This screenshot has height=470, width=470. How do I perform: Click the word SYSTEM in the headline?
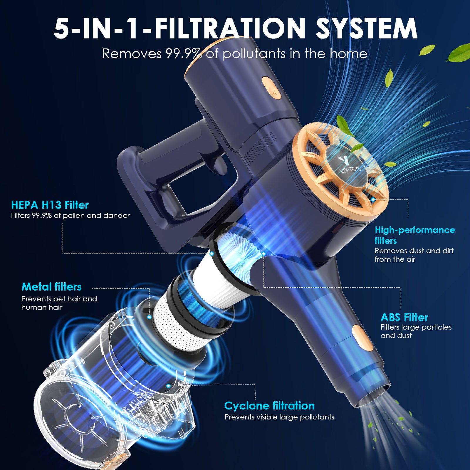(367, 28)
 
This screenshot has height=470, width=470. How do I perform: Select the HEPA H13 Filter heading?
(50, 205)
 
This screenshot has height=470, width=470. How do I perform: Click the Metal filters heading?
(51, 287)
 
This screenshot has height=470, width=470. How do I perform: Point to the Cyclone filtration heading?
(269, 406)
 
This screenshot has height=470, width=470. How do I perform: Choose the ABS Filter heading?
(404, 317)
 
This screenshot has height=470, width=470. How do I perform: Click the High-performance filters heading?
(415, 235)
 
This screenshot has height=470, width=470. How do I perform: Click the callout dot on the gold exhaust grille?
(373, 199)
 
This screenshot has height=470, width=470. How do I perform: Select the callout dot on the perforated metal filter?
(150, 317)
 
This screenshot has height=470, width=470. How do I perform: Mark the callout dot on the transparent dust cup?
(168, 386)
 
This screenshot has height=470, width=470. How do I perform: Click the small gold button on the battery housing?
(271, 88)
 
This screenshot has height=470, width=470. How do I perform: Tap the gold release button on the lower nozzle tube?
(362, 338)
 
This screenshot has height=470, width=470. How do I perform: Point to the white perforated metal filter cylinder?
(182, 320)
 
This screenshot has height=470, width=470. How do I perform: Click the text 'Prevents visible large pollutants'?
(279, 417)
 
